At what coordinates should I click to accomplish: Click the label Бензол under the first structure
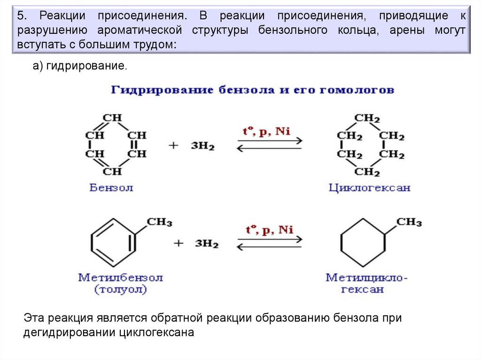click(x=111, y=188)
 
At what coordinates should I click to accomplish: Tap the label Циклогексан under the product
click(x=369, y=188)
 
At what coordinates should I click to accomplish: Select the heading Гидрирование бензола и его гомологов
click(x=253, y=90)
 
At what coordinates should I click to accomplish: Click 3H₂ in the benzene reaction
click(x=202, y=146)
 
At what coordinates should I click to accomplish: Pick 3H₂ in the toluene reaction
click(x=207, y=244)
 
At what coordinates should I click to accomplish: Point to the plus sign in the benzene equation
click(x=174, y=146)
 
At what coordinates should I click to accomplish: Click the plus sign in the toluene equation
click(x=178, y=243)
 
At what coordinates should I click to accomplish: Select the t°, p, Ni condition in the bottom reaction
click(x=270, y=230)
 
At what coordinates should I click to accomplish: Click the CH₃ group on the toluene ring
click(x=160, y=222)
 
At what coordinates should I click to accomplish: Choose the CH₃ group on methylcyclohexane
click(x=409, y=222)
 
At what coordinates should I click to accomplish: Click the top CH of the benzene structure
click(x=112, y=117)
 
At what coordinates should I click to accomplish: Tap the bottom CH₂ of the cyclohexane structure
click(x=367, y=172)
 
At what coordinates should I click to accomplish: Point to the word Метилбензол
click(x=120, y=277)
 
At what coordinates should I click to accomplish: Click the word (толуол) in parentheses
click(x=121, y=289)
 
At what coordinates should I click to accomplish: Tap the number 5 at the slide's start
click(x=20, y=16)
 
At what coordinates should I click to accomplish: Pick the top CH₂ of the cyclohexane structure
click(x=367, y=118)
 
